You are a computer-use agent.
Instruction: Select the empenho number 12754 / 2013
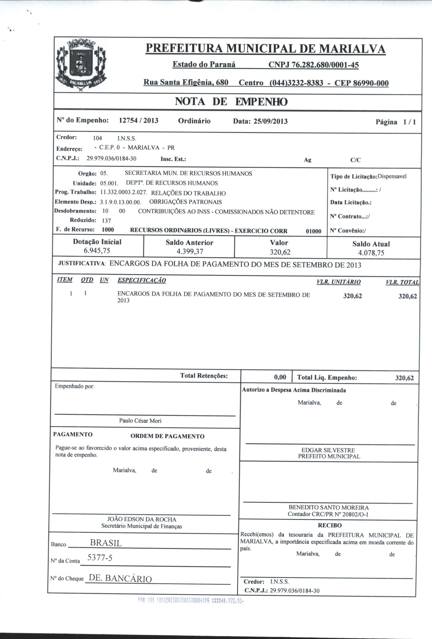tap(139, 121)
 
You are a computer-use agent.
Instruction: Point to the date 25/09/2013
tap(271, 121)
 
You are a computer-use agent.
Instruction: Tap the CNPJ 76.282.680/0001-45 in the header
tap(313, 65)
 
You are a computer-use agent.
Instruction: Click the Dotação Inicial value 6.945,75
tap(97, 251)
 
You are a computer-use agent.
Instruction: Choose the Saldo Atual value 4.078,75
tap(371, 253)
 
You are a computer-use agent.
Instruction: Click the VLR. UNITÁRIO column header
tap(338, 282)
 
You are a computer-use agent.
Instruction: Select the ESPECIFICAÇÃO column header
tap(142, 280)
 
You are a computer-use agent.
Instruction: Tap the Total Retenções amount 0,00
tap(280, 377)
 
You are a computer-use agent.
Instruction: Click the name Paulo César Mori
tap(140, 421)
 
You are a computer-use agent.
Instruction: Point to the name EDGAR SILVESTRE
tap(328, 450)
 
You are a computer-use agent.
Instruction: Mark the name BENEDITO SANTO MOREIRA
tap(328, 508)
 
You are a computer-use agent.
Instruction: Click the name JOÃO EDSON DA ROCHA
tap(142, 519)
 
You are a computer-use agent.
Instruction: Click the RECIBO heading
tap(329, 526)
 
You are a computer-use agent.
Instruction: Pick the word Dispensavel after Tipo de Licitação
tap(392, 177)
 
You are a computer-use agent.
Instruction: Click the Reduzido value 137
tap(106, 220)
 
